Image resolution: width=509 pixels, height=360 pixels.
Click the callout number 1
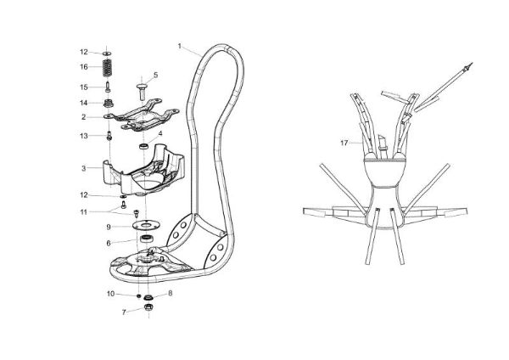(179, 46)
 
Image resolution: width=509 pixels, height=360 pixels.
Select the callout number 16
(84, 67)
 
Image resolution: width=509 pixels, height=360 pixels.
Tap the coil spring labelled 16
(108, 68)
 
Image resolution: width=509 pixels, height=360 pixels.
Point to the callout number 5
(155, 75)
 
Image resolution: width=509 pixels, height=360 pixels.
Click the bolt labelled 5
(143, 92)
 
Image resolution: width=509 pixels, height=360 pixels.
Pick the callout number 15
(84, 87)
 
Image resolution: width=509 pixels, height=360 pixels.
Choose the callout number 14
(84, 103)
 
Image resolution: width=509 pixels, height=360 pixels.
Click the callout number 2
(83, 117)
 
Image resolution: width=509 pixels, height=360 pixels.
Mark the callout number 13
(84, 136)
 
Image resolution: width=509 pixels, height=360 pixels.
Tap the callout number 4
(160, 133)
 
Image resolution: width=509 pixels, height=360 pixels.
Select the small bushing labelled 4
(144, 147)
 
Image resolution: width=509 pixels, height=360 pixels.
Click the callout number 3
(84, 168)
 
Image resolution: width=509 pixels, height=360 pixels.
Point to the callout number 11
(84, 212)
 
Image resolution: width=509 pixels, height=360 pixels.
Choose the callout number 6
(109, 243)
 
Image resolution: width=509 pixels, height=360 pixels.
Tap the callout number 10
(110, 294)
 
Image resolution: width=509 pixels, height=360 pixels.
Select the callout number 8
(171, 294)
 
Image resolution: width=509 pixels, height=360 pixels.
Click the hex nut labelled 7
(148, 307)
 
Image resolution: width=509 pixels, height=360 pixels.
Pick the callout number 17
(344, 143)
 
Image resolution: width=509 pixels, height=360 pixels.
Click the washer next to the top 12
(108, 53)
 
